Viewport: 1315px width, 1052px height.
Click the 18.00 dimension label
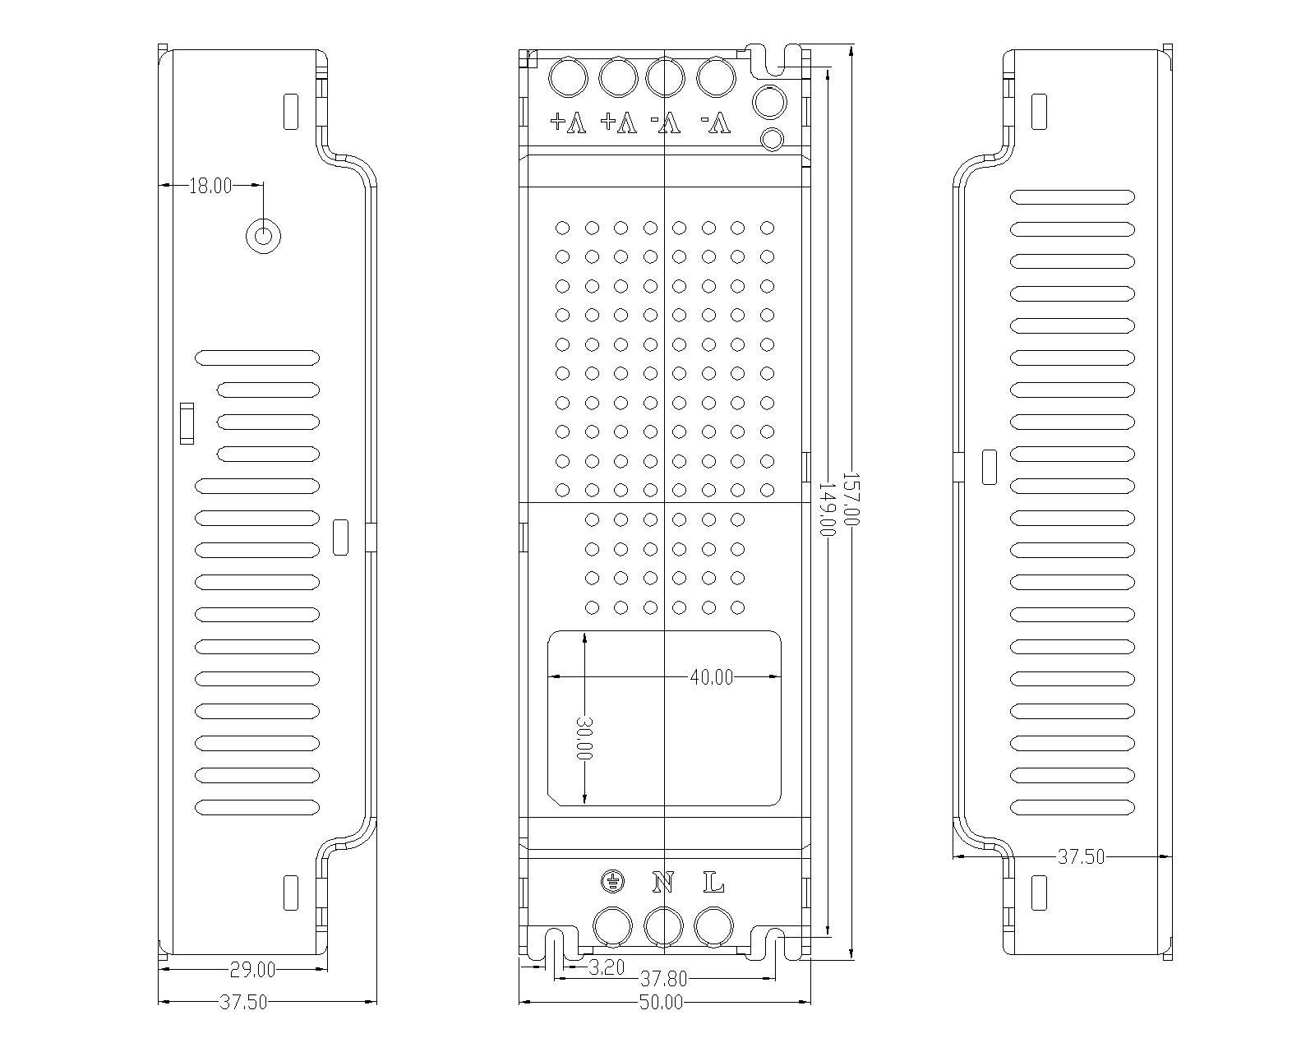click(x=210, y=187)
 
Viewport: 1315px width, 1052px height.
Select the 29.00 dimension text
click(x=252, y=970)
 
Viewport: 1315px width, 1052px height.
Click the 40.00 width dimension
click(x=711, y=677)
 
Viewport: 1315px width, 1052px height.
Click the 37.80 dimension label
click(x=662, y=979)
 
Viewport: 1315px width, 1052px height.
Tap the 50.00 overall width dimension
click(x=662, y=1002)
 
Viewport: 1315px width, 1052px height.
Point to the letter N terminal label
click(x=663, y=884)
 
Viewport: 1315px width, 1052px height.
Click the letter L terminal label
click(x=713, y=884)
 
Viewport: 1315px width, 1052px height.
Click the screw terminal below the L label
click(x=713, y=926)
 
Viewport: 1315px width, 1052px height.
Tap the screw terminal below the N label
click(x=664, y=926)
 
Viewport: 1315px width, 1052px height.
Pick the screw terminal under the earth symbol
click(x=613, y=926)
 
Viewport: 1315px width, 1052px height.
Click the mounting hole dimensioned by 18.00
click(x=264, y=236)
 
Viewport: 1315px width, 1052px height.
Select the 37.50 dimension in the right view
click(x=1081, y=856)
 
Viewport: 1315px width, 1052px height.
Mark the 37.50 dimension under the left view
click(x=244, y=1002)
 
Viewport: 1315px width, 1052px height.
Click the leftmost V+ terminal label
click(x=569, y=123)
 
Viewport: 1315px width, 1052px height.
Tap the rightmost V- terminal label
click(x=716, y=123)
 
